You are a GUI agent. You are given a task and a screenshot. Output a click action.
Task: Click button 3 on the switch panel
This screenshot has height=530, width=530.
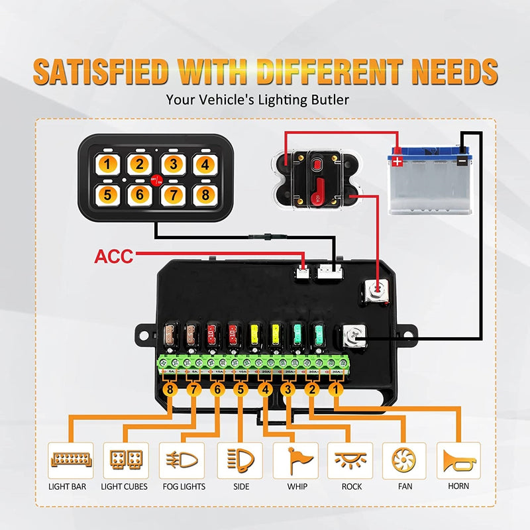point(172,164)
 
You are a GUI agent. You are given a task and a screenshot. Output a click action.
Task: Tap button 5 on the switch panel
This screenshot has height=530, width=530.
point(109,193)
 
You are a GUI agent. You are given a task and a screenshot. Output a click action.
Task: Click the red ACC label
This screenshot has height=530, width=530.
point(113,255)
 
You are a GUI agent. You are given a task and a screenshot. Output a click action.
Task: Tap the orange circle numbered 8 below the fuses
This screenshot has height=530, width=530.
point(171,390)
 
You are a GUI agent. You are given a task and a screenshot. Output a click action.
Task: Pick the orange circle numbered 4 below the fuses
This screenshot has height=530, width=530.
point(264,390)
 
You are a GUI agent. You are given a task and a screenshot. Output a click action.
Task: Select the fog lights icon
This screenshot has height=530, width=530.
point(182,459)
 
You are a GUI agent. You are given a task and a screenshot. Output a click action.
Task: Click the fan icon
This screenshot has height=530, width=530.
point(403,459)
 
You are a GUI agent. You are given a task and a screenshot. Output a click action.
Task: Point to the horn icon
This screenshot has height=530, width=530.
point(458,459)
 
